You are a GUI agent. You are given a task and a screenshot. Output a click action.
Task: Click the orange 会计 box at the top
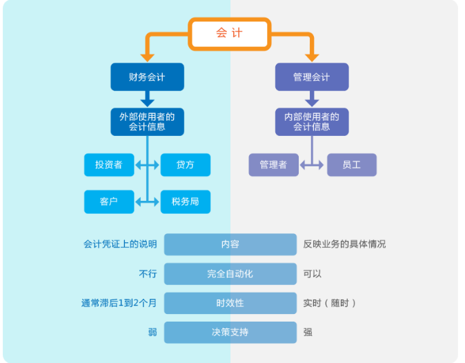[x=230, y=33]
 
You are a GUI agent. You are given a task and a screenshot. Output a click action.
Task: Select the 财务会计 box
[x=148, y=77]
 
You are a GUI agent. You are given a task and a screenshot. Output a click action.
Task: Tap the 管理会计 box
[x=312, y=77]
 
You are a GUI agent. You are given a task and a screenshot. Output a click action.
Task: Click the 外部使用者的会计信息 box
[x=148, y=121]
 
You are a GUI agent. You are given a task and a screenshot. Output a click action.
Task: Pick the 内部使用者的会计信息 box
[x=312, y=121]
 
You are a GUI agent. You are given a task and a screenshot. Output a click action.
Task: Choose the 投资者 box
[x=109, y=165]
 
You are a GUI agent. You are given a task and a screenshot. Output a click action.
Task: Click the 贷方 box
[x=185, y=165]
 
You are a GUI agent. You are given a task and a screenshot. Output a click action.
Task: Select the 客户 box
[x=109, y=202]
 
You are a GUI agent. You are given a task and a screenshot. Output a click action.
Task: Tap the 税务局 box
[x=185, y=202]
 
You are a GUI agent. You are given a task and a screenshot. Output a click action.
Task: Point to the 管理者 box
[x=273, y=165]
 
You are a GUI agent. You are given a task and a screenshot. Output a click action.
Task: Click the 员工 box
[x=351, y=165]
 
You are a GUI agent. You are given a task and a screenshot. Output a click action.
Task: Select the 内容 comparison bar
[x=230, y=244]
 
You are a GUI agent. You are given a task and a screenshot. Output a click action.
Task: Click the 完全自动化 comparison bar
[x=230, y=274]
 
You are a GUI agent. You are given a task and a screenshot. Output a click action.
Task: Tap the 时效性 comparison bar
[x=230, y=303]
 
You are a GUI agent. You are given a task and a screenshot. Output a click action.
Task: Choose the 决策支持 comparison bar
[x=230, y=333]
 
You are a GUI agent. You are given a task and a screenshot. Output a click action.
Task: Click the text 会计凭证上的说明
[x=120, y=244]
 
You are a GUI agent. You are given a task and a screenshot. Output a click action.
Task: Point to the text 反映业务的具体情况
[x=344, y=244]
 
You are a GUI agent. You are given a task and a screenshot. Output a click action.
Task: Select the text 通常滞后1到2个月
[x=119, y=303]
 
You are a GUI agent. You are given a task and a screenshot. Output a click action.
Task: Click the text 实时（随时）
[x=330, y=303]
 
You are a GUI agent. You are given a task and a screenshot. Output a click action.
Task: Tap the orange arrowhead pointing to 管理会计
[x=312, y=56]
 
